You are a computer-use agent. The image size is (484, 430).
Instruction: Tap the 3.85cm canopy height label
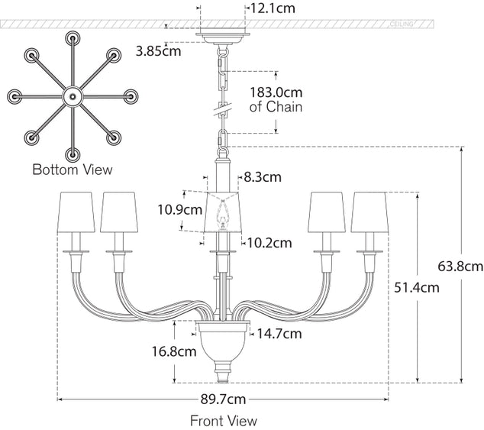[159, 52]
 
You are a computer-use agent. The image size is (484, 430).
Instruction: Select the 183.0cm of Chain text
[276, 99]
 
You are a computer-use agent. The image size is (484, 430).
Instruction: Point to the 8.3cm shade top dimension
[263, 176]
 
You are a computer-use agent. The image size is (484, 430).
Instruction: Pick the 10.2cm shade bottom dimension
[269, 243]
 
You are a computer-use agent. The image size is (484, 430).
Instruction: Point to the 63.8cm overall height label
[461, 266]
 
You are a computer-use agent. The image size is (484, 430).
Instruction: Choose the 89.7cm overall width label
[224, 399]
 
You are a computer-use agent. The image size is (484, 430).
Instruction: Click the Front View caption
[224, 420]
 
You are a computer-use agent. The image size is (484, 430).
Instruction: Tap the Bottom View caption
[72, 169]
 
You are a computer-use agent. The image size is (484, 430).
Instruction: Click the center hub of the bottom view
[72, 97]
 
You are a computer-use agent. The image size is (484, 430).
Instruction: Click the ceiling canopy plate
[223, 35]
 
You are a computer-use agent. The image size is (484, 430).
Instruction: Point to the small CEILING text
[402, 24]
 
